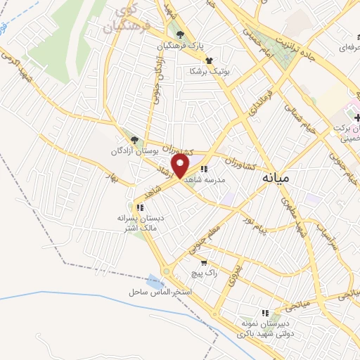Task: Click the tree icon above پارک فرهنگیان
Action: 181,34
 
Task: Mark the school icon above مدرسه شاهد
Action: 204,169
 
